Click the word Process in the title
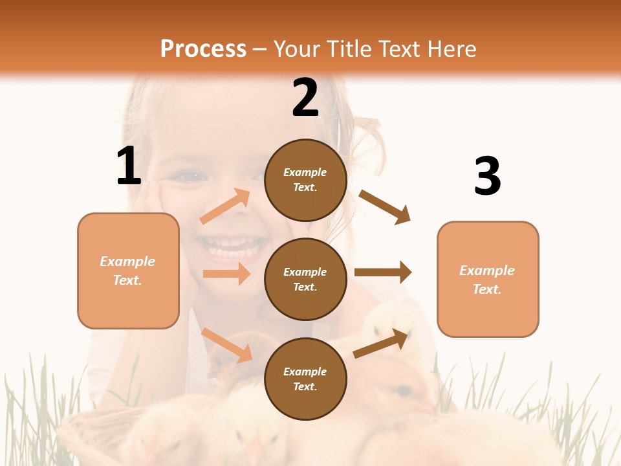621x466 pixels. point(203,49)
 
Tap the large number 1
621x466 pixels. point(129,166)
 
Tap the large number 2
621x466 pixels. point(305,98)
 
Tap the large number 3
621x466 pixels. point(487,176)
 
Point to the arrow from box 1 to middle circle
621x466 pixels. point(226,274)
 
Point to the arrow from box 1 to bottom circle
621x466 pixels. point(227,345)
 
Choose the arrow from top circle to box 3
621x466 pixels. point(385,207)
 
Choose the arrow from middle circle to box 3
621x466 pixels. point(383,272)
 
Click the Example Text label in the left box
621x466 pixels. point(127,271)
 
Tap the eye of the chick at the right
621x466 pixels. point(404,391)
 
